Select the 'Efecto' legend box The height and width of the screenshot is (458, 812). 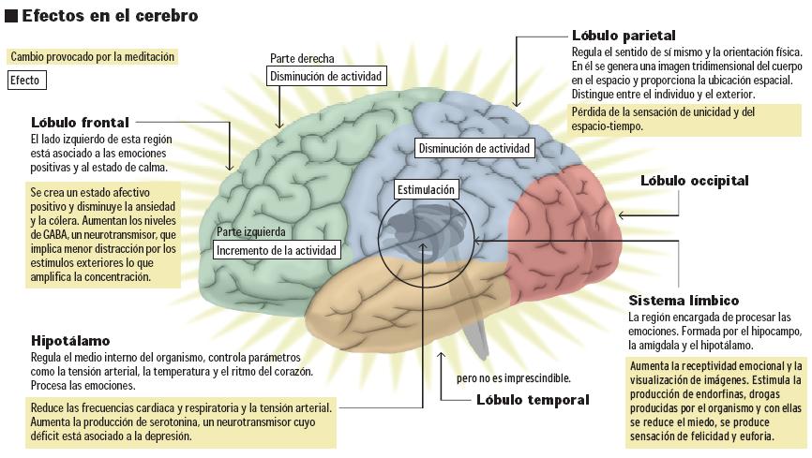[24, 81]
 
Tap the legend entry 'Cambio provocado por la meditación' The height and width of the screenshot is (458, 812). [92, 56]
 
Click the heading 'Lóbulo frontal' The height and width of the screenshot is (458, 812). [79, 122]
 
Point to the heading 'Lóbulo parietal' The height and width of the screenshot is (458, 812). [621, 34]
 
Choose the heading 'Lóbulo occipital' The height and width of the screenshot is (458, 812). [695, 180]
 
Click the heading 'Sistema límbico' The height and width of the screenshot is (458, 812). [684, 301]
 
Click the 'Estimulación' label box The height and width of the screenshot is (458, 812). [426, 189]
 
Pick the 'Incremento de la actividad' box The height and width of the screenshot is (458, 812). [277, 250]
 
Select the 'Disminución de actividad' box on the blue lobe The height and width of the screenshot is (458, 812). [474, 148]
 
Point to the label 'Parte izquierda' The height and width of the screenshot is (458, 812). [250, 231]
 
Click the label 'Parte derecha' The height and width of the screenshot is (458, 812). [302, 58]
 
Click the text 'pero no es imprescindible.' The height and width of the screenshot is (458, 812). [514, 378]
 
